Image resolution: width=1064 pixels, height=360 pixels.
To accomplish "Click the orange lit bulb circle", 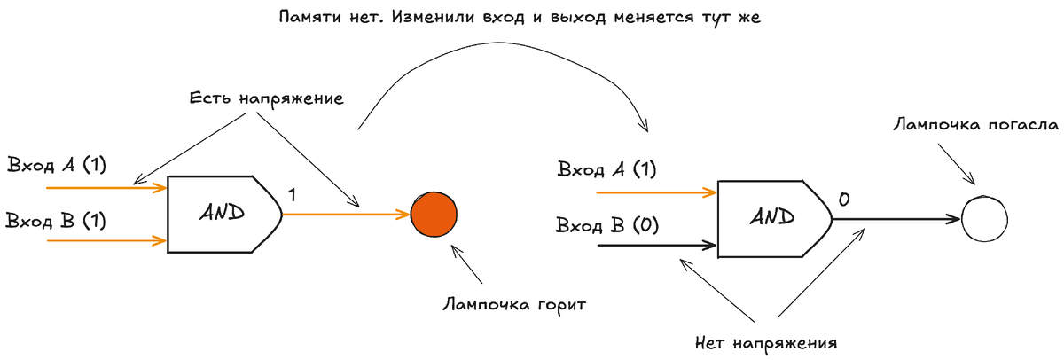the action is coord(434,215).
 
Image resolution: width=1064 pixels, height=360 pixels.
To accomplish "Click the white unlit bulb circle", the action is coord(985,217).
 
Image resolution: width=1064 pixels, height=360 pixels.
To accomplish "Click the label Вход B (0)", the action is coord(607,225).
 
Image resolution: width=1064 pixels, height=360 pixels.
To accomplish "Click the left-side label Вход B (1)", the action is coord(56,221).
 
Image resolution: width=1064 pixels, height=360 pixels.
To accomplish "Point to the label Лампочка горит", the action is coord(514,304).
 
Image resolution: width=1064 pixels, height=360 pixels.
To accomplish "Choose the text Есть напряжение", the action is coord(266,98).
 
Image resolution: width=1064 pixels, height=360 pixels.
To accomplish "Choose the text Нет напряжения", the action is coord(767,340).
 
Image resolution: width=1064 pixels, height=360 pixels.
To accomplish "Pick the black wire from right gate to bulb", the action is coord(896,218).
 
